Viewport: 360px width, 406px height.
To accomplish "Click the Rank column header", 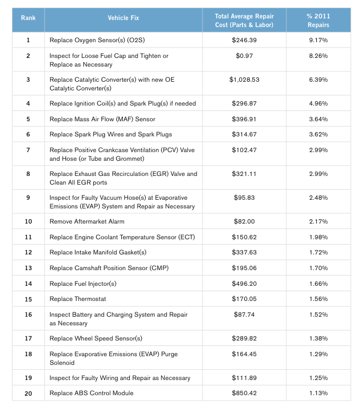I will coord(28,18).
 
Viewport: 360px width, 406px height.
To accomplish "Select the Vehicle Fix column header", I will coord(123,18).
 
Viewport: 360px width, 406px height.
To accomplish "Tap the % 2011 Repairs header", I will coord(318,21).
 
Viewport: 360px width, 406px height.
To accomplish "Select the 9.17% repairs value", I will coord(318,40).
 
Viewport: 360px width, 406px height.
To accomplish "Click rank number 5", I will coord(28,119).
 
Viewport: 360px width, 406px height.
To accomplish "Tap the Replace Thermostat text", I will coord(77,299).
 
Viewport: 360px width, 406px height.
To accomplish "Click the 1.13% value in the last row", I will coord(318,393).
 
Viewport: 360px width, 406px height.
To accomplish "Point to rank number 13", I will coord(28,268).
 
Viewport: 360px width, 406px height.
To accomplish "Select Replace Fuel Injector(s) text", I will coord(83,284).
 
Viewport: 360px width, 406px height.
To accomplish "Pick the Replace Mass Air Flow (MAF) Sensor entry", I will coord(102,119).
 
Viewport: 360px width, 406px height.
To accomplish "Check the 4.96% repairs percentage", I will coord(318,103).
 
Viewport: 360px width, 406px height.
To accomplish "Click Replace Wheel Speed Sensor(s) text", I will coord(96,338).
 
